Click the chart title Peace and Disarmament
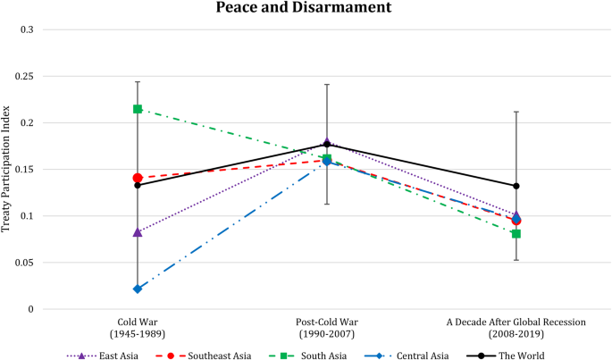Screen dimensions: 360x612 [306, 8]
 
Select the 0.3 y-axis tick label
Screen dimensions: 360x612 [28, 29]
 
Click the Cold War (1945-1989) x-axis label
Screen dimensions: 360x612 [138, 327]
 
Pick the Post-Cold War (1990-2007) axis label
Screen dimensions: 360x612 [326, 327]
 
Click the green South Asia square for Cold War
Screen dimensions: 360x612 [138, 109]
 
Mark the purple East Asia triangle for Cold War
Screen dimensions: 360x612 [138, 232]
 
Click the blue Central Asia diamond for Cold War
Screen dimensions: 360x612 [138, 289]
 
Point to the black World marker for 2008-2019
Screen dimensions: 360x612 [516, 186]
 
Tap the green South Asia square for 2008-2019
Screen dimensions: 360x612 [516, 234]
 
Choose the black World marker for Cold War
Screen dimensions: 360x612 [138, 185]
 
